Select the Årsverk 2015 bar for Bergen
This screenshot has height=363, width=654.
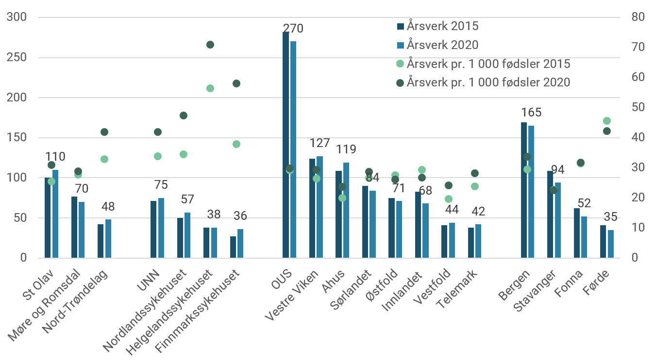[x=523, y=190]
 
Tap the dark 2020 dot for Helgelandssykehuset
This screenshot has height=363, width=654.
[x=210, y=45]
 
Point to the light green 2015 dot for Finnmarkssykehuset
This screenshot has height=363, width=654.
[x=236, y=144]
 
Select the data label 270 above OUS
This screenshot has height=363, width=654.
[x=293, y=29]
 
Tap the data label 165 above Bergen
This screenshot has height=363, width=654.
[x=531, y=113]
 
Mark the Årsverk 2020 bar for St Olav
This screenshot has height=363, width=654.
[x=55, y=214]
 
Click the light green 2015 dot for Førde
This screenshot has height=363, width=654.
[x=606, y=121]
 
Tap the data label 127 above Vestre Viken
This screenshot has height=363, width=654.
[x=319, y=143]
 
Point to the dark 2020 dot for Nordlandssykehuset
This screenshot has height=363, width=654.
[x=184, y=115]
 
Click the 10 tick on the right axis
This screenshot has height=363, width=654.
[x=637, y=228]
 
